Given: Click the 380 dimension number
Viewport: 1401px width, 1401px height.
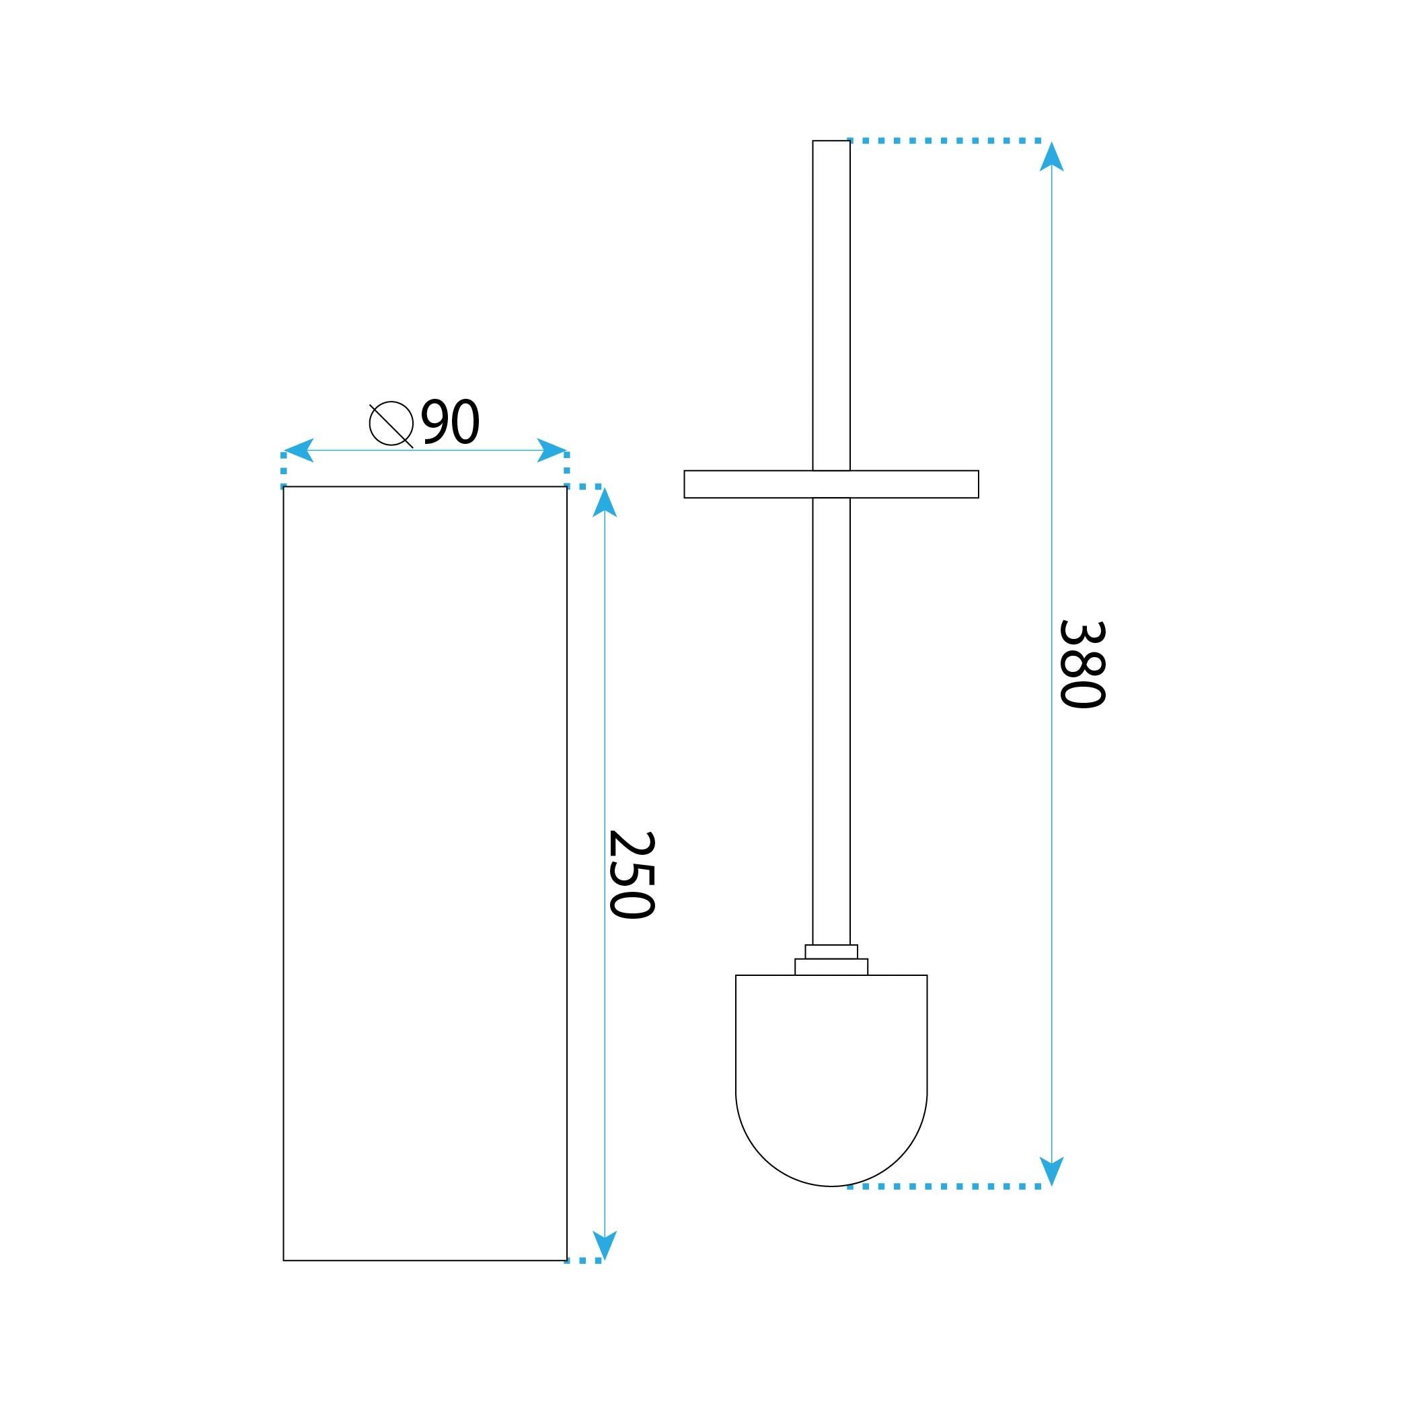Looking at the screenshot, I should tap(1082, 664).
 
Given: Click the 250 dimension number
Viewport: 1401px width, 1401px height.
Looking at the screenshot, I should tap(631, 874).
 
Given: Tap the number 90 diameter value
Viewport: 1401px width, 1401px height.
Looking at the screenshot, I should tap(451, 421).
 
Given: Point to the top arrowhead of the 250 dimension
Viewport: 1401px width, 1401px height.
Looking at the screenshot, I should tap(605, 503).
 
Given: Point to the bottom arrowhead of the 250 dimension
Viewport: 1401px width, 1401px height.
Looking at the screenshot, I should tap(605, 1244).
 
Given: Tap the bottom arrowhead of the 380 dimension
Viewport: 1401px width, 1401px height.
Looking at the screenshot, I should tap(1051, 1170).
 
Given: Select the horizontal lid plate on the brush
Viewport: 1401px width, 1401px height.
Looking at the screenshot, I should tap(831, 484).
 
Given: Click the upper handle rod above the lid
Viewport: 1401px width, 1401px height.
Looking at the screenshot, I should tap(831, 305).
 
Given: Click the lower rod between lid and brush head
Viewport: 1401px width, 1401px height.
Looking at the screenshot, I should tap(831, 718).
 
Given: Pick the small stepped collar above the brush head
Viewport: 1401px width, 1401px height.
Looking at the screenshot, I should tap(831, 959).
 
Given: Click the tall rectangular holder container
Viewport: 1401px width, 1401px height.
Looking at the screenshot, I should tap(425, 870).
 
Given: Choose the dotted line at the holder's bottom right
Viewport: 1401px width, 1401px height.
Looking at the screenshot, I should tap(583, 1261).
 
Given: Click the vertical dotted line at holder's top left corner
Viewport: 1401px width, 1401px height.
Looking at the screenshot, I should tap(284, 470).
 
